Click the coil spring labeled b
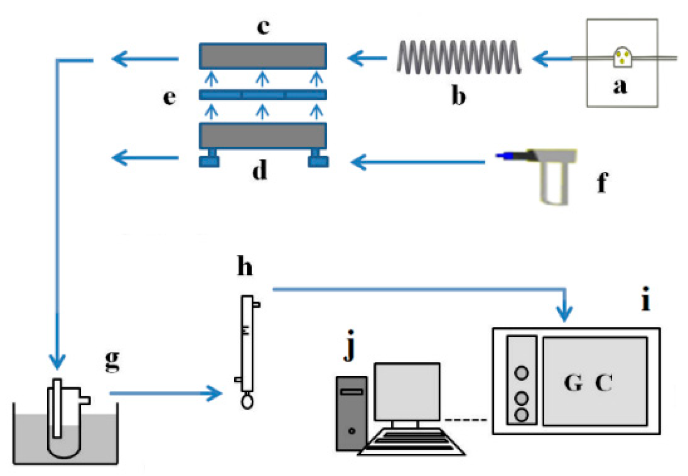click(x=458, y=57)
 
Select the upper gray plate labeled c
click(x=262, y=56)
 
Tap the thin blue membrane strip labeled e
click(x=262, y=95)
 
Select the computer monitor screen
click(x=407, y=391)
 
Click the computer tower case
click(x=351, y=413)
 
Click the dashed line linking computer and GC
click(x=466, y=420)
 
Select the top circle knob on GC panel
click(x=521, y=372)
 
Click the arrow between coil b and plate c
click(x=367, y=58)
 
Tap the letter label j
click(x=350, y=345)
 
